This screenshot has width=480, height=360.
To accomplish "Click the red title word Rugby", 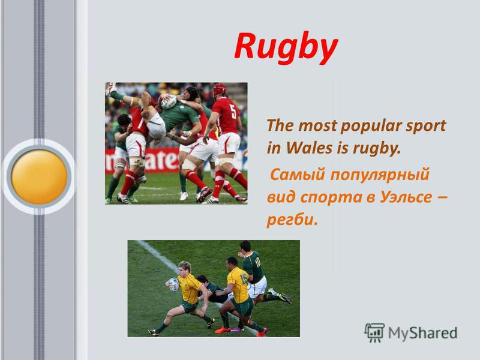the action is tap(286, 48).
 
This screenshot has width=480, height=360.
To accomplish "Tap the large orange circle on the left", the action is tap(39, 176).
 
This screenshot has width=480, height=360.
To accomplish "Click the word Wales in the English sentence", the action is tap(310, 148).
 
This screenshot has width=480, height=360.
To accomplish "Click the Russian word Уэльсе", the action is tap(406, 197).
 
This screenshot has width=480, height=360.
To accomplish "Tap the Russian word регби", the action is tap(290, 219).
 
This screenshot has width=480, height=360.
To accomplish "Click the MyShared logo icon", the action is tap(374, 332).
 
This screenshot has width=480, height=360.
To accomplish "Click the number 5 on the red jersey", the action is tap(233, 112).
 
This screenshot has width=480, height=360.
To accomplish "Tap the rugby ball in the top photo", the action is tap(169, 102).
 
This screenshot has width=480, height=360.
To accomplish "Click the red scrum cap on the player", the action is tap(219, 89).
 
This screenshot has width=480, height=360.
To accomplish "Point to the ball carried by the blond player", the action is tap(173, 284).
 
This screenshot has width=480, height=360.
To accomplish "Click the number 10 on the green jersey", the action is tap(257, 262).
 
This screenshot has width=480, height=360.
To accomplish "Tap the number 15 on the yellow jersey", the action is tap(244, 279).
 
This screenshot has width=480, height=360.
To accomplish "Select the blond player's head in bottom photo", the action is tap(185, 268).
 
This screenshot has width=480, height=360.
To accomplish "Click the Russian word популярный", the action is tap(380, 175).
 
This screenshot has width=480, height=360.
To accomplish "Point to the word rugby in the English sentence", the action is tap(377, 149).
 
